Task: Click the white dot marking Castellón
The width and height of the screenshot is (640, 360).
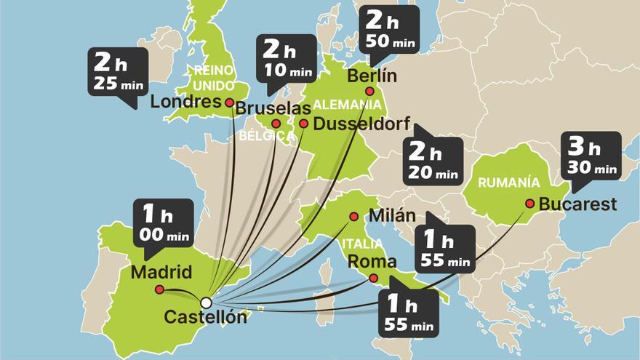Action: [206, 302]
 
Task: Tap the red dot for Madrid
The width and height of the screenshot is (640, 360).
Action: [159, 289]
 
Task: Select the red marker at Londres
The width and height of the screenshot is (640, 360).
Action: [229, 103]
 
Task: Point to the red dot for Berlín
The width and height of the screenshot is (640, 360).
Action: [369, 91]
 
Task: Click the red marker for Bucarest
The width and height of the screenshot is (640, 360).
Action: [529, 204]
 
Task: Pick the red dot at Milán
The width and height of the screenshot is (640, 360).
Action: [353, 216]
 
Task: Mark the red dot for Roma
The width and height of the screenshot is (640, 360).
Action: [373, 278]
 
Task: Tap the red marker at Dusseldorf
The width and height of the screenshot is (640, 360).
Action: [303, 124]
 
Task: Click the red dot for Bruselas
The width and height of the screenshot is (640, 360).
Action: [276, 124]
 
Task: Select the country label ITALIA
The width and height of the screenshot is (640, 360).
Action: [359, 244]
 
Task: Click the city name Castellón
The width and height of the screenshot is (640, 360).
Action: [206, 318]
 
